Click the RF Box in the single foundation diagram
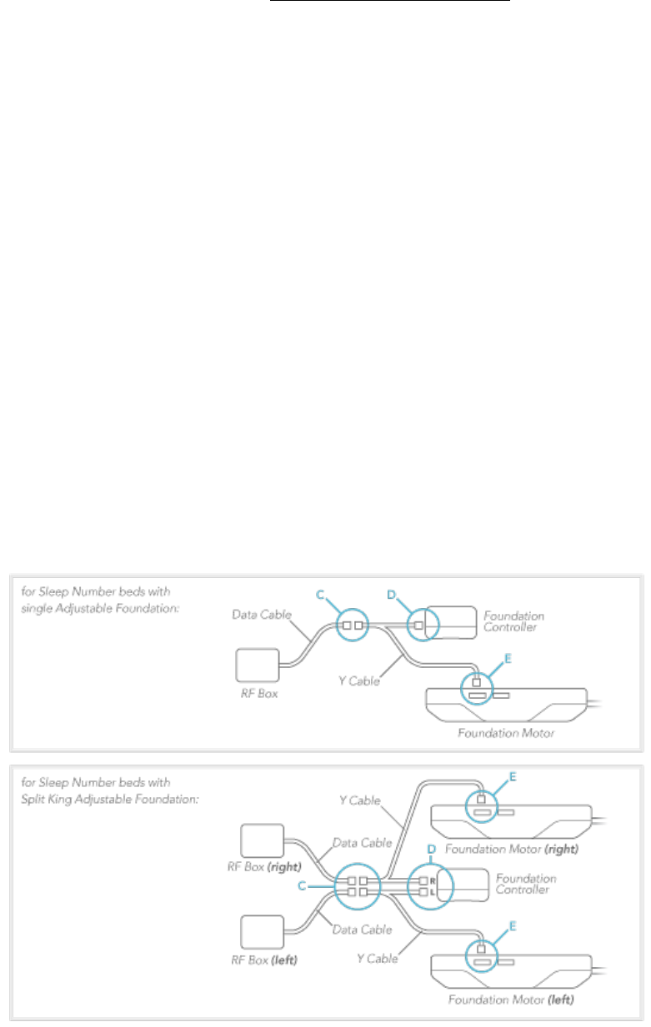(260, 666)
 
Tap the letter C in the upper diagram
(319, 594)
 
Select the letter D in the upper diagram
(391, 594)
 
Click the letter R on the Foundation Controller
(433, 880)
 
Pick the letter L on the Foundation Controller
(433, 892)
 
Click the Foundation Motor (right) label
(511, 850)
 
